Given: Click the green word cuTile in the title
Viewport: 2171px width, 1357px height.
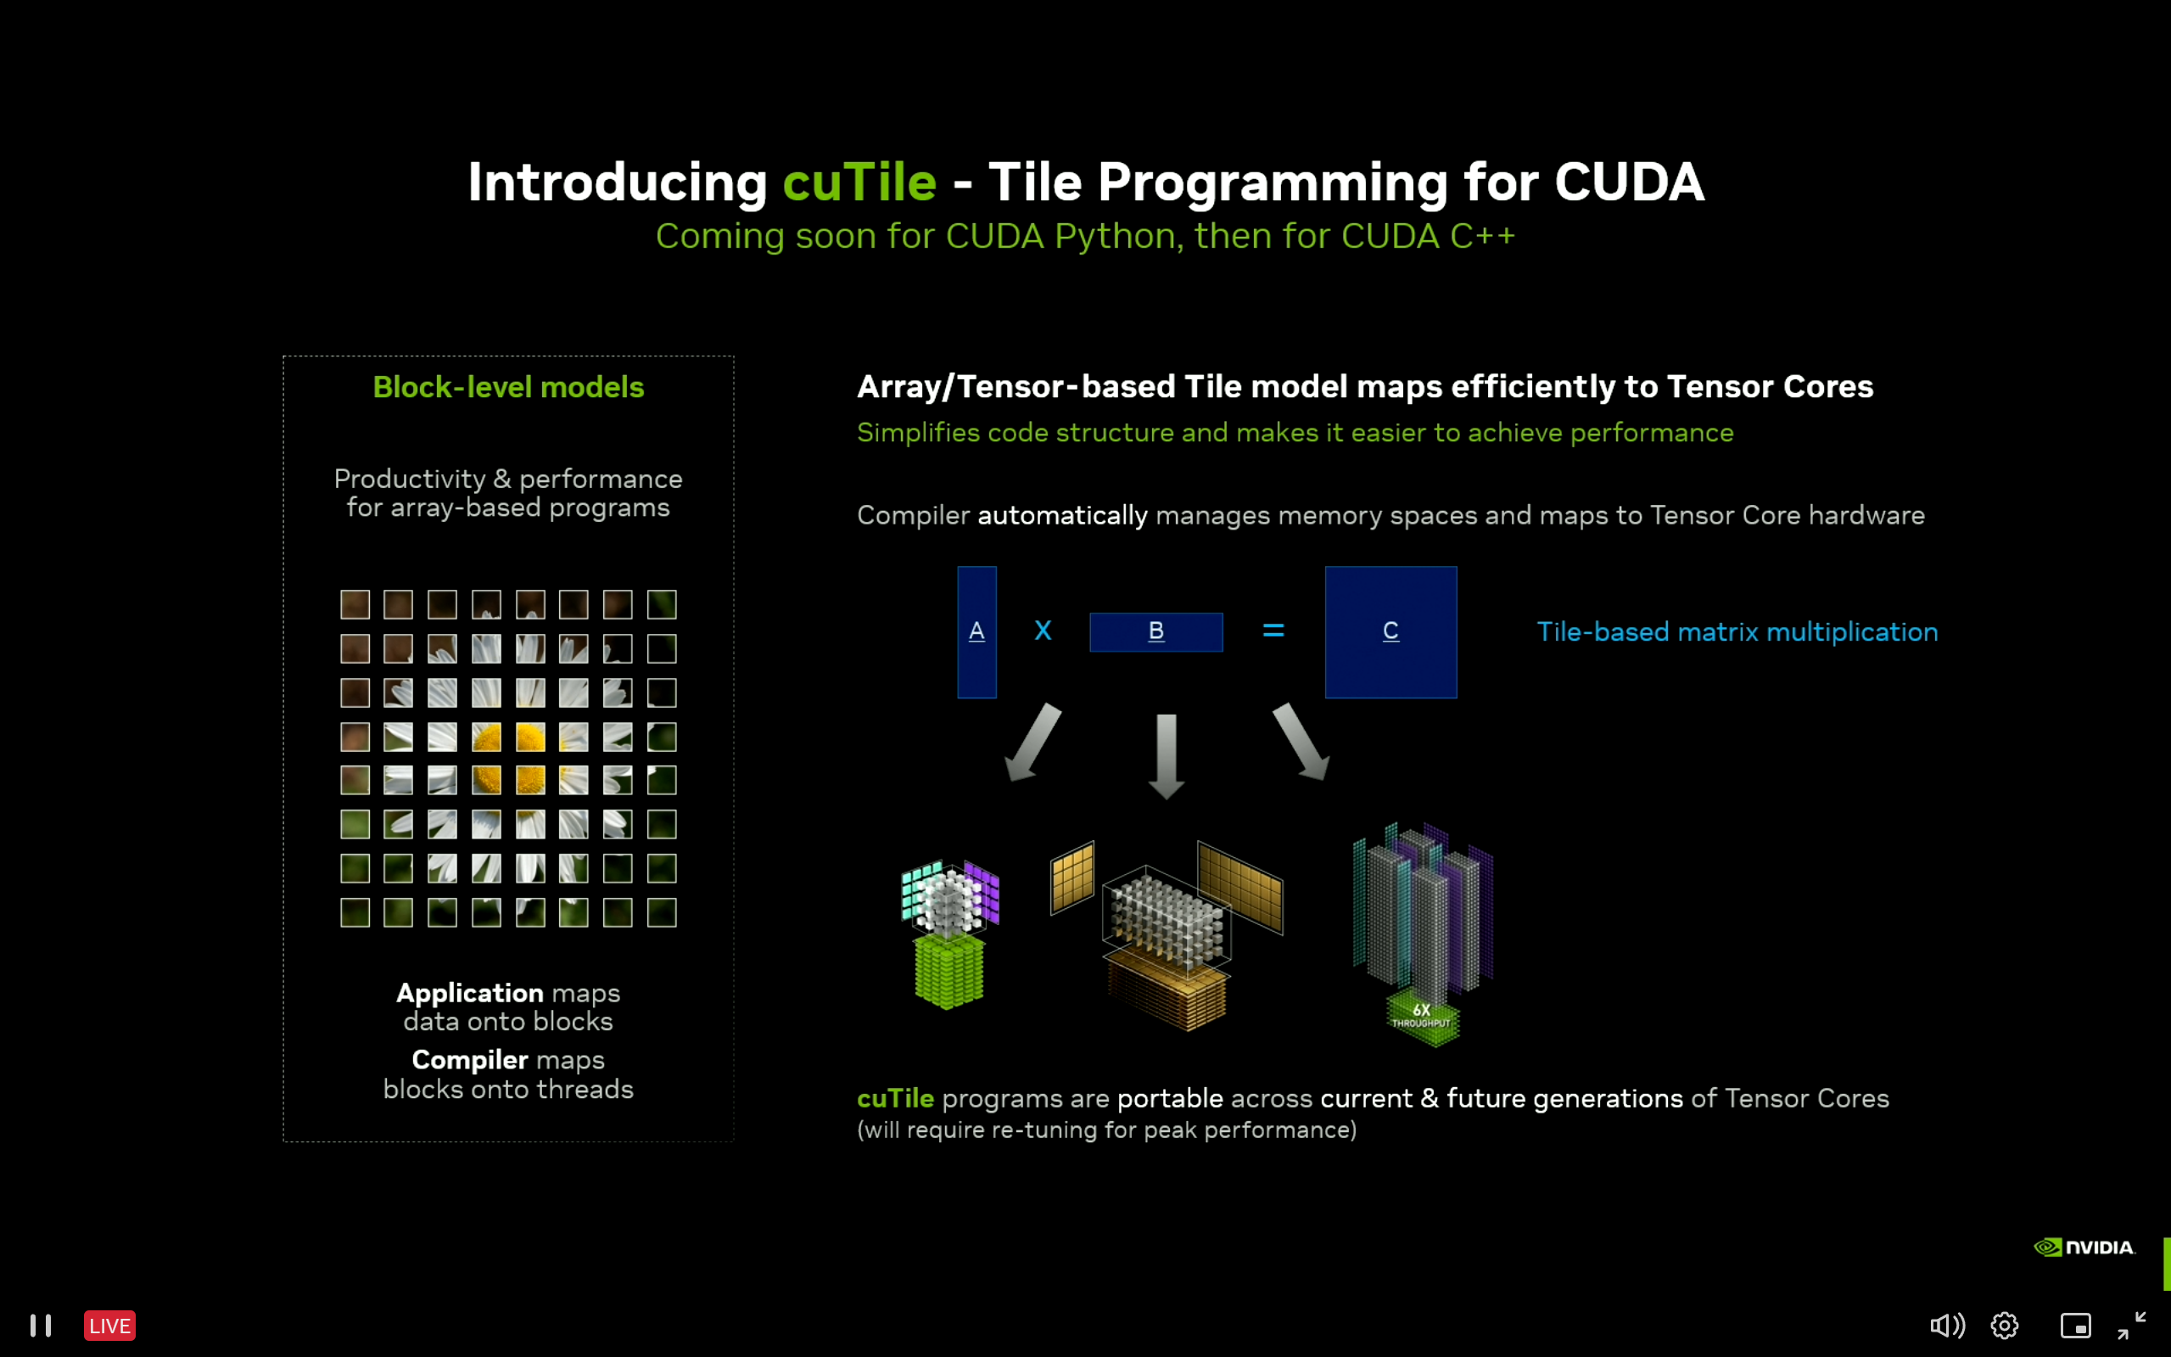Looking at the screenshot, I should tap(859, 182).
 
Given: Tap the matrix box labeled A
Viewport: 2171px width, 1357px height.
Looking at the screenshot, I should tap(976, 632).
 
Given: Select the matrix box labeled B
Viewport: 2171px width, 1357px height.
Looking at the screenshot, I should tap(1155, 632).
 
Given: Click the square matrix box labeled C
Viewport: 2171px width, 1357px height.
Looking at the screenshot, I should tap(1390, 632).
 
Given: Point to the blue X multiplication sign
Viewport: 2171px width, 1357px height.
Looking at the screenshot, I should tap(1043, 631).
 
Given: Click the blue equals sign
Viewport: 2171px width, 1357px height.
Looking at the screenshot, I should tap(1273, 631).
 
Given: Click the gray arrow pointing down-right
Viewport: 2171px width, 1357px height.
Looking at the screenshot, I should tap(1301, 742).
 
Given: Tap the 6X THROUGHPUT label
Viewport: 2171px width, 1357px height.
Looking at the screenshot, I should tap(1421, 1016).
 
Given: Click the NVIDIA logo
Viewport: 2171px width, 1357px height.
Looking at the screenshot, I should tap(2083, 1248).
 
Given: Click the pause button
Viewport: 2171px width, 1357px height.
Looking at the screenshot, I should tap(41, 1326).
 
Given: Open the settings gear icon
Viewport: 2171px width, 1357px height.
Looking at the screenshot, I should tap(2004, 1326).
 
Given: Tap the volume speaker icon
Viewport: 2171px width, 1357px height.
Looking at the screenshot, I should tap(1946, 1326).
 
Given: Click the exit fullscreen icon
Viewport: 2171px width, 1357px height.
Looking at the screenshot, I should tap(2131, 1326).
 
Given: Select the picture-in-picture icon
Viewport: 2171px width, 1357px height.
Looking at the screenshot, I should tap(2075, 1326).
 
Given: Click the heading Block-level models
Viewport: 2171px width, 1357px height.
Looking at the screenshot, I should tap(508, 387).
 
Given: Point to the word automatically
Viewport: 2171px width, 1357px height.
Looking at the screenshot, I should tap(1062, 515).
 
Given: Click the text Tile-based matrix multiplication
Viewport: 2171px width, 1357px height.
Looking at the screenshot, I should tap(1737, 632).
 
